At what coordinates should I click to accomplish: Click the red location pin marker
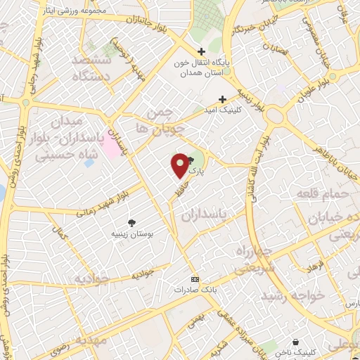[x=180, y=165]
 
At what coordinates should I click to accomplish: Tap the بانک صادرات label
[x=192, y=289]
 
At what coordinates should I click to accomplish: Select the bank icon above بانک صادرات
[x=195, y=278]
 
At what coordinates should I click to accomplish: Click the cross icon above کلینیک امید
[x=223, y=99]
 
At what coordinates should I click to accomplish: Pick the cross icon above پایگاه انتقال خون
[x=202, y=51]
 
